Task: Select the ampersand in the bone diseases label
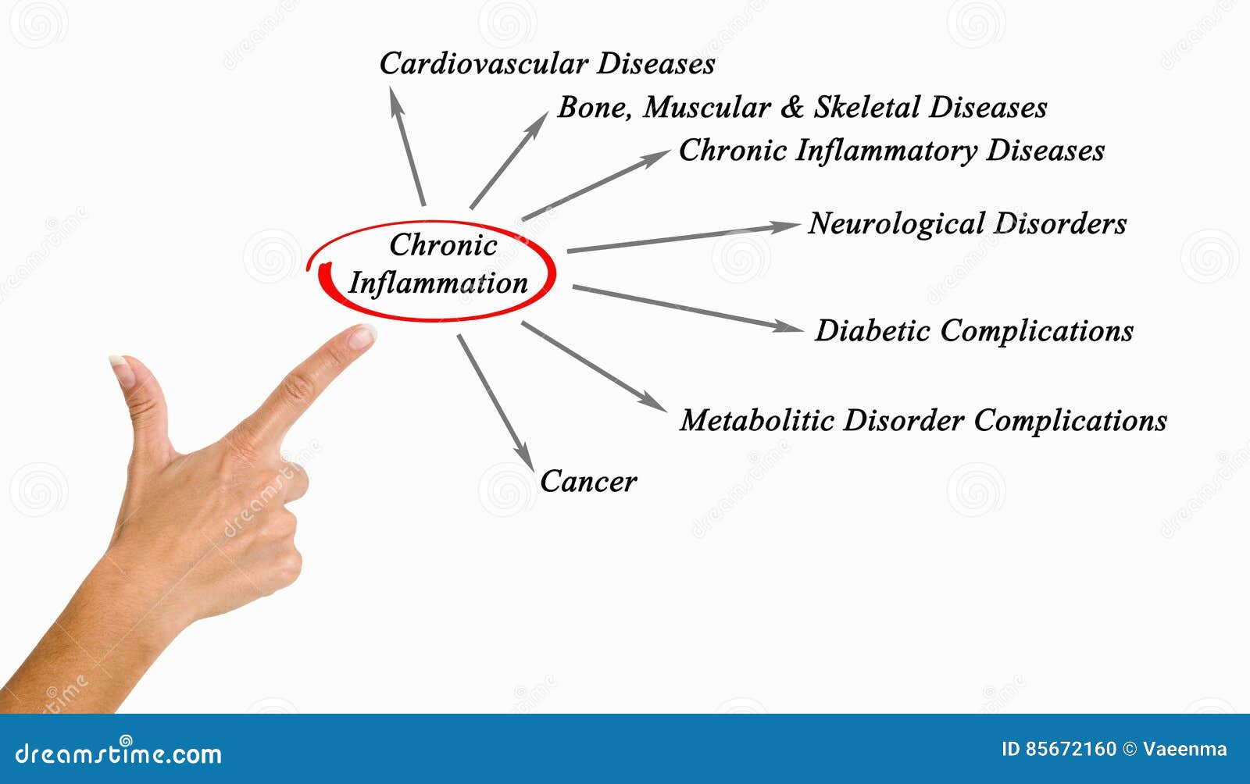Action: click(x=791, y=108)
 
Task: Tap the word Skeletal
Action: click(x=866, y=108)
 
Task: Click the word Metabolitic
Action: click(x=756, y=420)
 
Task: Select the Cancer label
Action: click(x=588, y=481)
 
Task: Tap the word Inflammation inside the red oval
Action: click(x=437, y=283)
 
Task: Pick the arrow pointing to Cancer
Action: click(x=495, y=401)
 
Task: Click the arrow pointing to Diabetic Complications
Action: click(x=687, y=308)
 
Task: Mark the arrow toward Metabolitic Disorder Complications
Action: click(x=594, y=365)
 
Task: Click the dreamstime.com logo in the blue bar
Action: click(x=119, y=754)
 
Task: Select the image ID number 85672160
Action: click(x=1070, y=750)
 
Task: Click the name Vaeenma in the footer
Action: click(x=1184, y=750)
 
